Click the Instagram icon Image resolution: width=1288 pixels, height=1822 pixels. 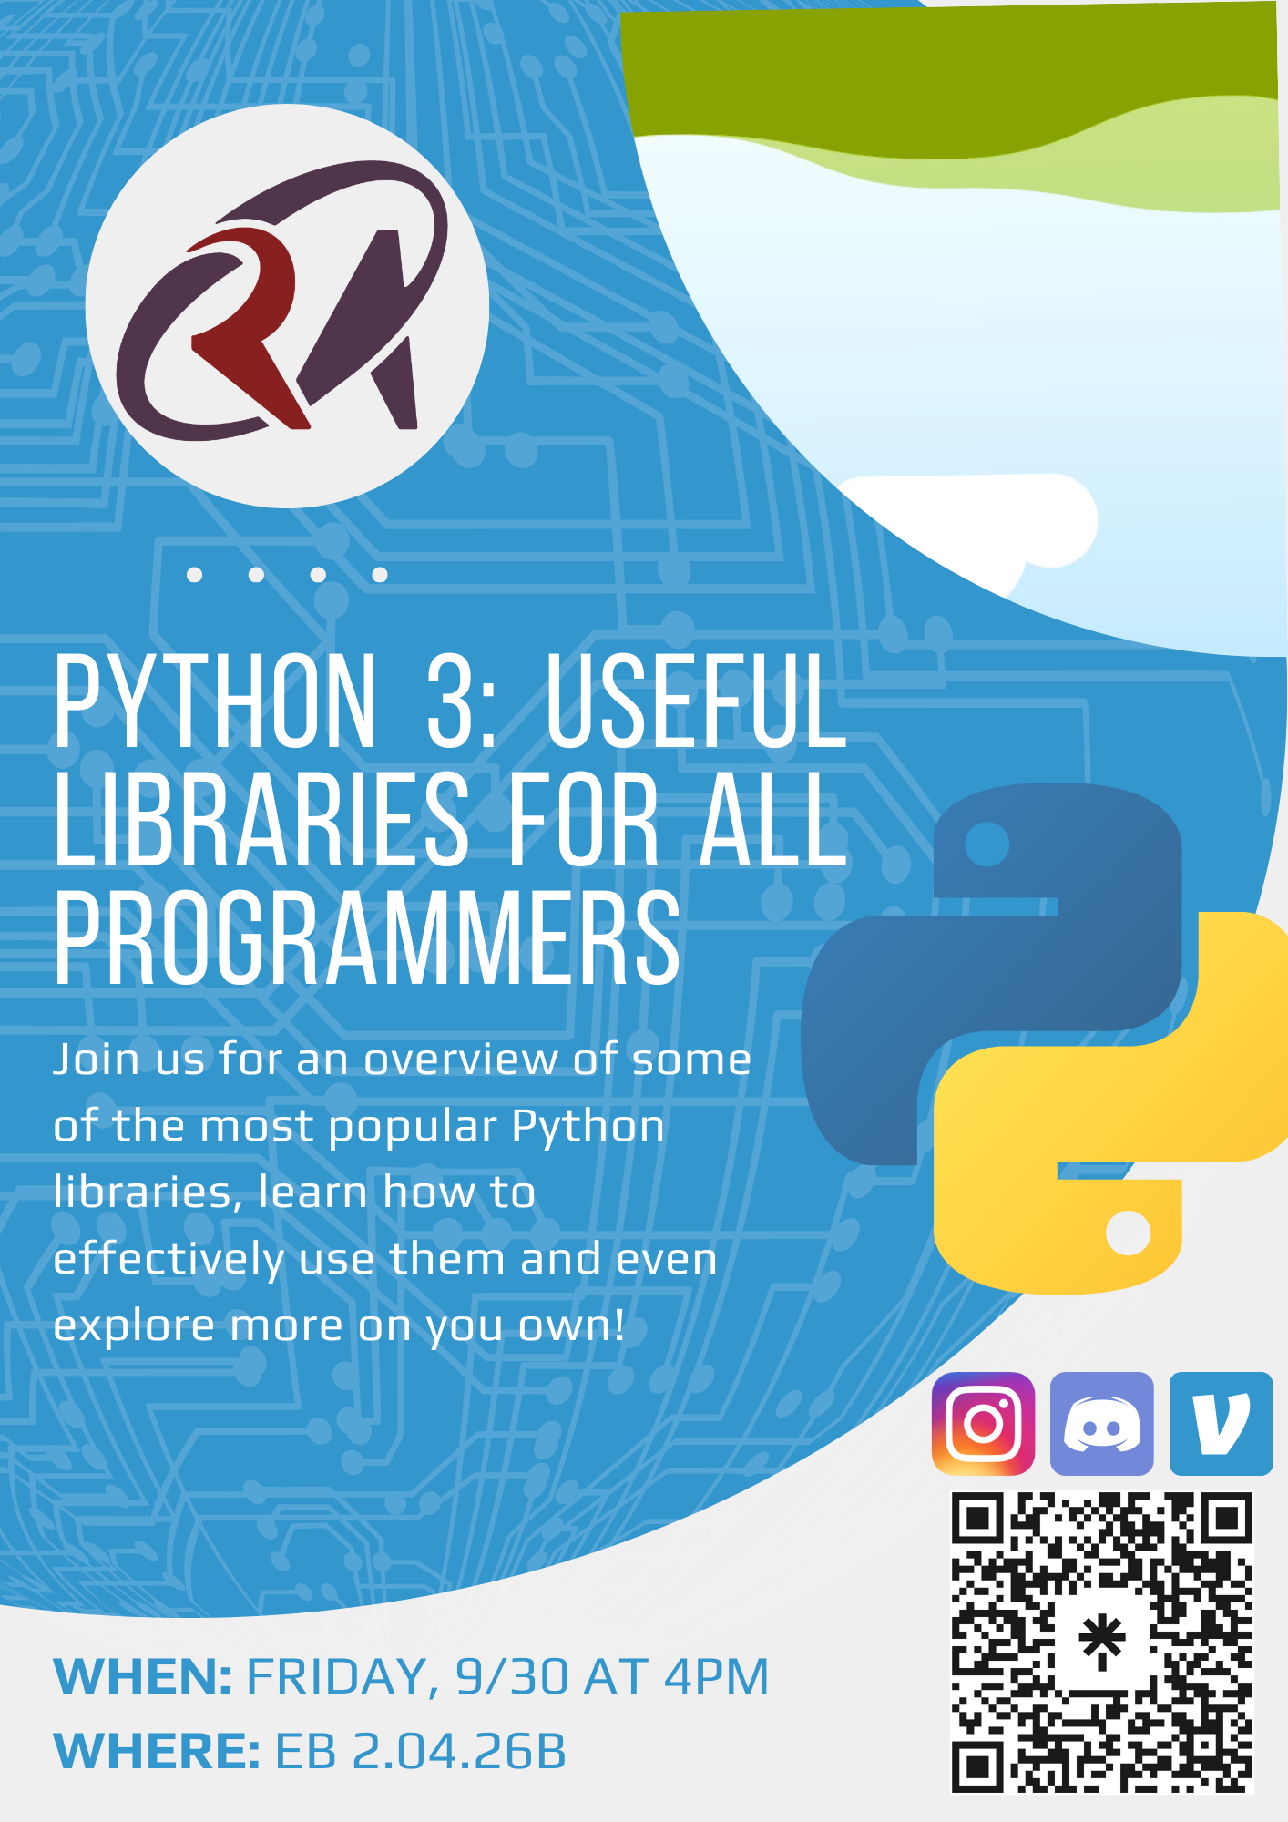click(x=983, y=1424)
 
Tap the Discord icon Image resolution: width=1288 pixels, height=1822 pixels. click(x=1102, y=1424)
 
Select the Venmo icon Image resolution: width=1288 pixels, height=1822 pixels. click(x=1221, y=1424)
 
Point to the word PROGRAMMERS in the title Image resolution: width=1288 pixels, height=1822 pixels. click(x=367, y=938)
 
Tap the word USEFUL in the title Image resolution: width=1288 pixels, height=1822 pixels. click(x=696, y=700)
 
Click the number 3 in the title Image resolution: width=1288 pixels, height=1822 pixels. click(x=452, y=700)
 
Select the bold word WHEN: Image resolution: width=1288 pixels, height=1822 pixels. click(x=143, y=1677)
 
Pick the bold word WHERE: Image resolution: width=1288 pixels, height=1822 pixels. click(x=158, y=1752)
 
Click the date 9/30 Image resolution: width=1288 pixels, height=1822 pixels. click(x=512, y=1677)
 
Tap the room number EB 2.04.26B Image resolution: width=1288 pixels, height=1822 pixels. click(x=421, y=1752)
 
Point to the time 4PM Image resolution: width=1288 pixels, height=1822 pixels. click(x=716, y=1677)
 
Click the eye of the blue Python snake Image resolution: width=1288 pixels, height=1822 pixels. click(x=986, y=844)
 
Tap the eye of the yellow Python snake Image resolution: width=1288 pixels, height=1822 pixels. click(x=1129, y=1233)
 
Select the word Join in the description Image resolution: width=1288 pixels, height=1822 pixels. click(x=96, y=1059)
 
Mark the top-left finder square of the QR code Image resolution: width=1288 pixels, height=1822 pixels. click(x=978, y=1519)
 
